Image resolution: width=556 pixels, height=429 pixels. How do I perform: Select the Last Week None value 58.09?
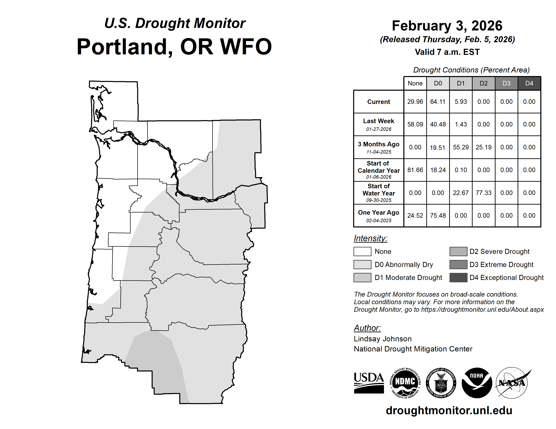[x=415, y=124]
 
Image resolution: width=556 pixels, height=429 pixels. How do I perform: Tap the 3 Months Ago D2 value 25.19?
[x=483, y=147]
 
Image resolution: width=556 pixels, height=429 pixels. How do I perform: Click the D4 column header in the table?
[x=529, y=83]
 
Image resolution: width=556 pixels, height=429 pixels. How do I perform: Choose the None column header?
[x=415, y=83]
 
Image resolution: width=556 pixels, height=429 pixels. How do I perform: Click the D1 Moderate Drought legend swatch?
[x=362, y=278]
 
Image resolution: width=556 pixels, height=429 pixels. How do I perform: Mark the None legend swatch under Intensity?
[x=362, y=251]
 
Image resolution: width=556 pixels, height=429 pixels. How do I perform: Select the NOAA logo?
[x=477, y=383]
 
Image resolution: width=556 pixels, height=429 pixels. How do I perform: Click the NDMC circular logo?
[x=405, y=383]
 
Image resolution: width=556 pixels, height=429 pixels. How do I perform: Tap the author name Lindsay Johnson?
[x=383, y=339]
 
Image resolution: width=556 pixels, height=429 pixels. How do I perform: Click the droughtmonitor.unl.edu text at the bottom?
[x=449, y=410]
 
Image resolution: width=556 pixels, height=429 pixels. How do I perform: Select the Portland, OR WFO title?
[x=174, y=47]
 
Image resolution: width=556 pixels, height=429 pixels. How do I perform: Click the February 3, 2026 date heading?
[x=447, y=26]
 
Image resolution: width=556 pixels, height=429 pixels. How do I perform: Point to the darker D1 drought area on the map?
[x=158, y=363]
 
